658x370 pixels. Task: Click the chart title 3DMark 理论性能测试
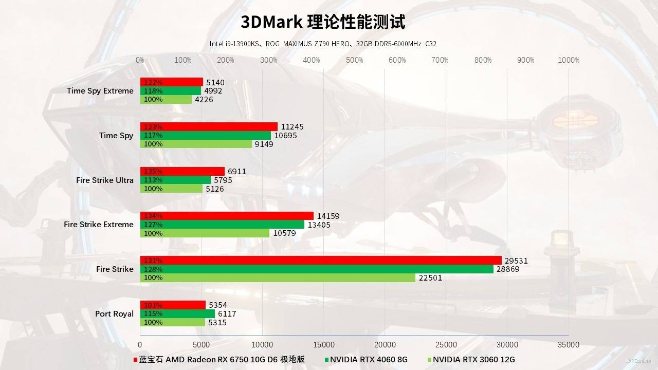pyautogui.click(x=323, y=22)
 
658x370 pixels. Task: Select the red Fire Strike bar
pyautogui.click(x=321, y=261)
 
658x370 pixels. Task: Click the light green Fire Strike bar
pyautogui.click(x=278, y=278)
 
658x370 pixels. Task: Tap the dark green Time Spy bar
pyautogui.click(x=206, y=136)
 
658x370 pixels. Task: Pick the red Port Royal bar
pyautogui.click(x=173, y=305)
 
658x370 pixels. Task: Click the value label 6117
pyautogui.click(x=227, y=314)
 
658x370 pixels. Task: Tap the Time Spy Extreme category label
pyautogui.click(x=100, y=91)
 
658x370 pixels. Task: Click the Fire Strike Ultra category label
pyautogui.click(x=104, y=180)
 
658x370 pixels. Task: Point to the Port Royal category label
pyautogui.click(x=114, y=314)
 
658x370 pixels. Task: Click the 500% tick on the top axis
pyautogui.click(x=354, y=60)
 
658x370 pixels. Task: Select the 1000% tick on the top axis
pyautogui.click(x=569, y=60)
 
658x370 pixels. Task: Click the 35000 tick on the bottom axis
pyautogui.click(x=569, y=345)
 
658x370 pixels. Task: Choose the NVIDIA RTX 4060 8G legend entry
pyautogui.click(x=368, y=360)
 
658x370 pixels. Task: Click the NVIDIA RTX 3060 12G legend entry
pyautogui.click(x=473, y=360)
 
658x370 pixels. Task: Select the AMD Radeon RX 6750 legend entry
pyautogui.click(x=221, y=360)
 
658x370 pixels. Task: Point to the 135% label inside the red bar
pyautogui.click(x=153, y=172)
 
